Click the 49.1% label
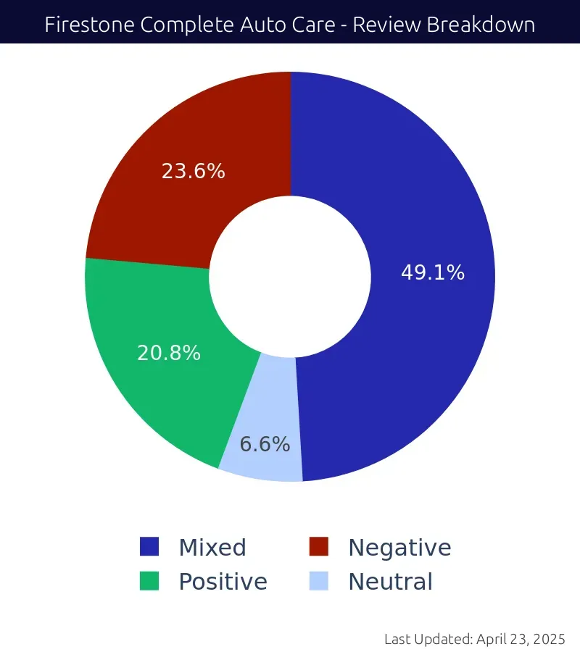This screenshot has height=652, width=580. (x=433, y=273)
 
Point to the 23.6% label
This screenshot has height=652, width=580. (x=193, y=172)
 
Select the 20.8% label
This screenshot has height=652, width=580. (x=169, y=353)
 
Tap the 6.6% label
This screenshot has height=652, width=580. (x=265, y=444)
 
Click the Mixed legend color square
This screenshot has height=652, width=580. (x=149, y=547)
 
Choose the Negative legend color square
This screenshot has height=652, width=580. (x=319, y=547)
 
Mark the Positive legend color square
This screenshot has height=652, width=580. (x=149, y=581)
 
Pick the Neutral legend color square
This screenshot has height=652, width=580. (x=319, y=581)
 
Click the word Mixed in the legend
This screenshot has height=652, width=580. (x=212, y=548)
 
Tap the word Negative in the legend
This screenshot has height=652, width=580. (x=399, y=548)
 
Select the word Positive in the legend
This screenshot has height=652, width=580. (x=223, y=582)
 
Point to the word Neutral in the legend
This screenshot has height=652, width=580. (x=390, y=582)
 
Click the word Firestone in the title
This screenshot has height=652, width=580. (x=88, y=25)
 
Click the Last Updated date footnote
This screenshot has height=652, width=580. (x=474, y=639)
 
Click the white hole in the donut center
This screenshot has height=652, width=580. (x=290, y=276)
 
